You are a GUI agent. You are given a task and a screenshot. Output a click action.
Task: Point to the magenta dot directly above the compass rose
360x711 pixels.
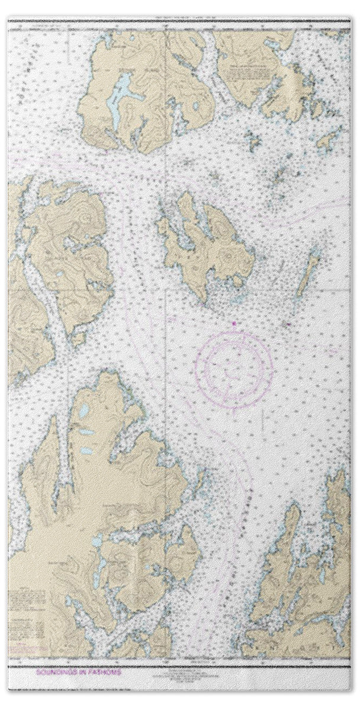(x=234, y=324)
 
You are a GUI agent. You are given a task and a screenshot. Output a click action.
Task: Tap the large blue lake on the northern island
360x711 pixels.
(x=123, y=89)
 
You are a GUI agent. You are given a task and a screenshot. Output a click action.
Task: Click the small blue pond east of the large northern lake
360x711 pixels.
(x=196, y=107)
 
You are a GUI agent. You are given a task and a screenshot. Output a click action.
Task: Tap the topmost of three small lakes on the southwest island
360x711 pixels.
(x=83, y=410)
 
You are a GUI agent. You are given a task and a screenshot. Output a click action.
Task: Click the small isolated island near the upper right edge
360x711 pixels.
(x=327, y=142)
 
